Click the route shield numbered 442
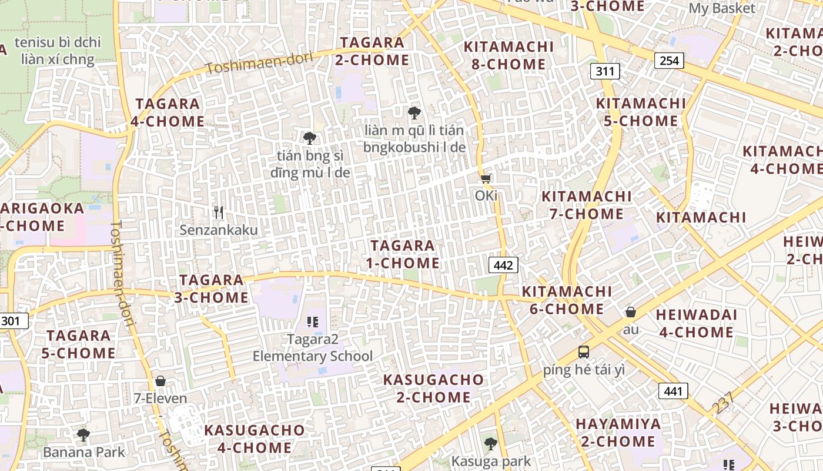click(x=503, y=265)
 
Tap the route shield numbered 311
click(x=604, y=72)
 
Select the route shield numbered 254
click(x=669, y=60)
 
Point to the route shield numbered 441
click(x=673, y=391)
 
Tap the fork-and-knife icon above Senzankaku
click(x=219, y=212)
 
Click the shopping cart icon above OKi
click(x=486, y=178)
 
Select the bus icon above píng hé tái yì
click(x=583, y=352)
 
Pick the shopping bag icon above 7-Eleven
click(x=160, y=381)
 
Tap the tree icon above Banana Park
click(x=83, y=435)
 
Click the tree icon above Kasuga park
click(x=490, y=443)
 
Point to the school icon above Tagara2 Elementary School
click(x=313, y=321)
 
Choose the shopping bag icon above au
click(x=631, y=311)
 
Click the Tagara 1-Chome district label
click(x=403, y=254)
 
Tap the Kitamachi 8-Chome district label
click(x=508, y=55)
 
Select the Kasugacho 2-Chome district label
click(x=433, y=389)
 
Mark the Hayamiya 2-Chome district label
click(x=618, y=433)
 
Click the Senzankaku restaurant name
click(x=219, y=230)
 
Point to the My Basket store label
click(x=722, y=9)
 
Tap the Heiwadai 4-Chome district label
click(x=696, y=324)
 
